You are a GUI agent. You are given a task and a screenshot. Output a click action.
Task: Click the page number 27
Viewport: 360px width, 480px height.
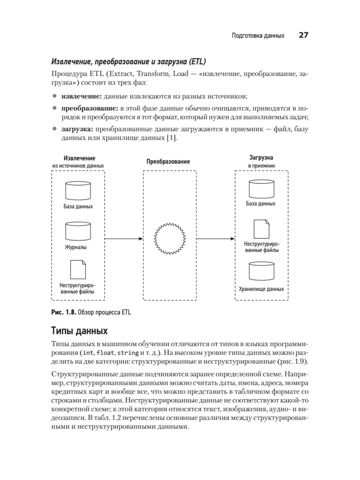coord(303,35)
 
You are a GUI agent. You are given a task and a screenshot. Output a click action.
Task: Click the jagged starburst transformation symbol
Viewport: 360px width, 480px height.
coord(170,239)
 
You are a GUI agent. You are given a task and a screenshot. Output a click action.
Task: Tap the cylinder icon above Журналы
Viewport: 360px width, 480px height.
coord(78,231)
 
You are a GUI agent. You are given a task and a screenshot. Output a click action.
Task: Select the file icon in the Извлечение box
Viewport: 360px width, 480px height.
coord(78,269)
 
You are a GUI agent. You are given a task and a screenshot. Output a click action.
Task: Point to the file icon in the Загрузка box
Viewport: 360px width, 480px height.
coord(261,229)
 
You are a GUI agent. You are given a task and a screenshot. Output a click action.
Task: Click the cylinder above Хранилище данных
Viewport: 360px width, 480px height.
coord(262,271)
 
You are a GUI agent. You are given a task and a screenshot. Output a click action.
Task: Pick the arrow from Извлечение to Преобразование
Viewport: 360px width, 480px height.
coord(124,239)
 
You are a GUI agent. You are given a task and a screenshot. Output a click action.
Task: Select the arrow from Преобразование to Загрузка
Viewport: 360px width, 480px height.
coord(215,239)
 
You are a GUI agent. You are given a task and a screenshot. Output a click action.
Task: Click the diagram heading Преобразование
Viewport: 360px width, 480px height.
coord(168,161)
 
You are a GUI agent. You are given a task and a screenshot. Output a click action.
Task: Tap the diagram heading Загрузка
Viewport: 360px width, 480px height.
coord(261,157)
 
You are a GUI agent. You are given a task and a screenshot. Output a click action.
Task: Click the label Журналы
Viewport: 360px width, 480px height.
coord(76,247)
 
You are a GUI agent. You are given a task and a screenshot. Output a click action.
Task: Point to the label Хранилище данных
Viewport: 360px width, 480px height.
coord(261,289)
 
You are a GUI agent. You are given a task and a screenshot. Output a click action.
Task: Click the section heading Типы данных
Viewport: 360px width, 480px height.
coord(79,331)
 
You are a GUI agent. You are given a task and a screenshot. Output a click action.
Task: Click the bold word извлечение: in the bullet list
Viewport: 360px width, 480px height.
coord(81,97)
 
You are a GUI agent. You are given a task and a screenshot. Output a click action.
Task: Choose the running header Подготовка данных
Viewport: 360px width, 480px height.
coord(258,36)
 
